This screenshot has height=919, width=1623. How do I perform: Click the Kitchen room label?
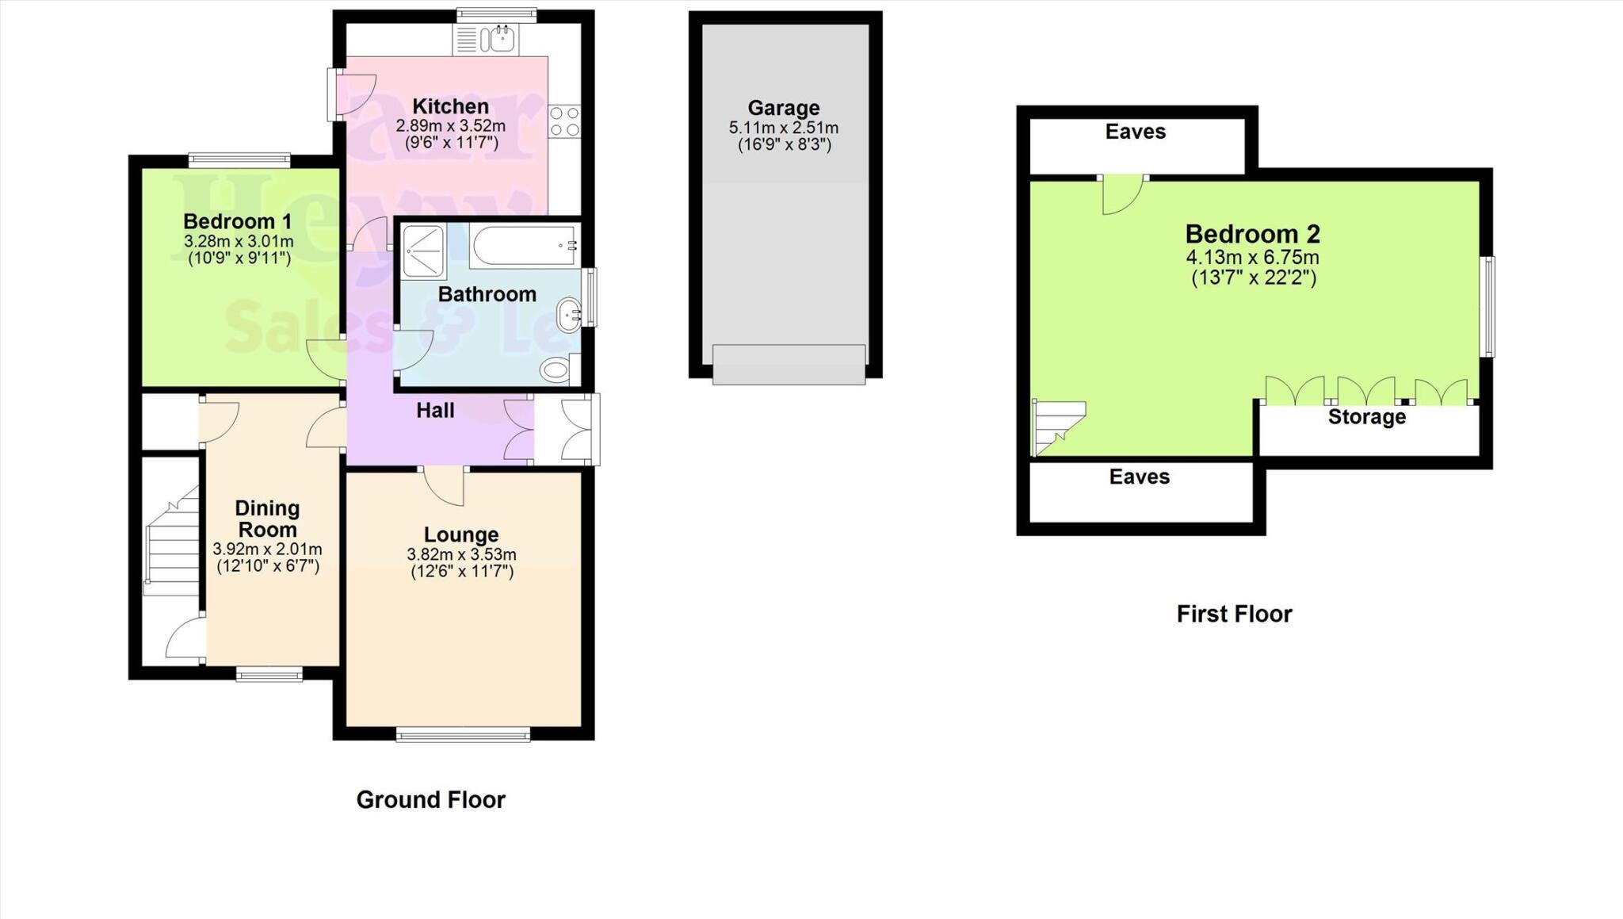(450, 106)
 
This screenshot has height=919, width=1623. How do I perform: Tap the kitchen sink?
(486, 39)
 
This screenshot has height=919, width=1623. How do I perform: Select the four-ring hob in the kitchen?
(564, 122)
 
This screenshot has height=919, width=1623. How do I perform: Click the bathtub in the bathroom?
(524, 245)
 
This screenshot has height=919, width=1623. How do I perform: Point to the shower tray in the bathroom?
(422, 251)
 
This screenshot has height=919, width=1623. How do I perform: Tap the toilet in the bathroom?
(556, 370)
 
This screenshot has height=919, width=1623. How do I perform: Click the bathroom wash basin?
(570, 315)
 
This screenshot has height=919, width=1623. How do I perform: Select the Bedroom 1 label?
(238, 221)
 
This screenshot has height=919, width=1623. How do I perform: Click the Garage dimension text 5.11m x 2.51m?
(783, 128)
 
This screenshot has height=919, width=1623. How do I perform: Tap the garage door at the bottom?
(789, 364)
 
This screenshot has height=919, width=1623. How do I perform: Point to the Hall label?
(435, 410)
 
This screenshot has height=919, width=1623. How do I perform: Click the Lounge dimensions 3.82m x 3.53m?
(461, 554)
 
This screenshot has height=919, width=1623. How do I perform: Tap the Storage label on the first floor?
(1366, 417)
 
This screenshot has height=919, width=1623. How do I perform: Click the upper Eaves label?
(1135, 132)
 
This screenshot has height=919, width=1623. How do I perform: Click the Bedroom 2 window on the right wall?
(1489, 306)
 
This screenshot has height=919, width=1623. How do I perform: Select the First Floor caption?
(1234, 614)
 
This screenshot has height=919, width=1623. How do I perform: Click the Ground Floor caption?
(430, 799)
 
